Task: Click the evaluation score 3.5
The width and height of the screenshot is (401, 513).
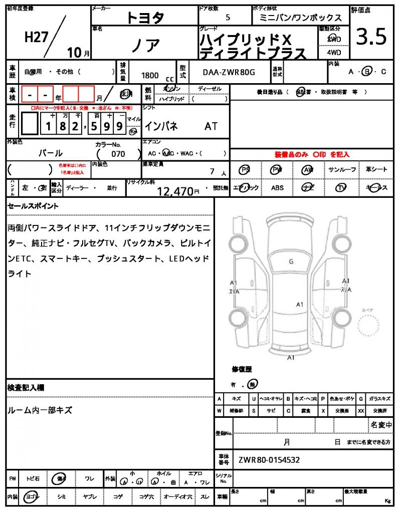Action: click(x=371, y=37)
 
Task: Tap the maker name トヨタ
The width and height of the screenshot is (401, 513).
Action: click(x=145, y=18)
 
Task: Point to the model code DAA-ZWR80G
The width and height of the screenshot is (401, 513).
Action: click(x=229, y=72)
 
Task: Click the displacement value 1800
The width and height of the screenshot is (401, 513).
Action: click(x=150, y=75)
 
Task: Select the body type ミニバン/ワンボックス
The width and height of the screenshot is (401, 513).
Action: click(x=301, y=18)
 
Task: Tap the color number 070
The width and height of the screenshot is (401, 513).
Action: click(x=118, y=154)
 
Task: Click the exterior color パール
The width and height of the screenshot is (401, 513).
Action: click(x=51, y=153)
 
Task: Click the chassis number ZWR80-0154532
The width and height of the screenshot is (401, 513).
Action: click(x=269, y=459)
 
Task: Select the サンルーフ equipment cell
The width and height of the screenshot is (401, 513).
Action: click(x=343, y=170)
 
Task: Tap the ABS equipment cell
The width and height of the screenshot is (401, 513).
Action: click(x=277, y=188)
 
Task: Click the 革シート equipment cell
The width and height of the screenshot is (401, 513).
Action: click(x=376, y=170)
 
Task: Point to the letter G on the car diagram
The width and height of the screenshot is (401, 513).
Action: click(x=291, y=262)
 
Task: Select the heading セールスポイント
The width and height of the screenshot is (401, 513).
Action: click(x=33, y=206)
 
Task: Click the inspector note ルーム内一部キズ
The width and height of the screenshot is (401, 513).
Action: click(x=40, y=410)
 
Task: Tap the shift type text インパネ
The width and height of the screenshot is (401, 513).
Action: click(x=161, y=126)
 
